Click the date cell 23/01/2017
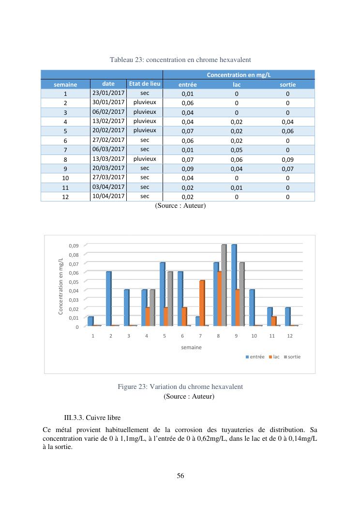point(108,93)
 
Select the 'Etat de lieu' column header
point(144,84)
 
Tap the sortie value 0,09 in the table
point(287,159)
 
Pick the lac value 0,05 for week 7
point(237,150)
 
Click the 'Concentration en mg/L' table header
point(239,75)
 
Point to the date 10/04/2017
point(108,197)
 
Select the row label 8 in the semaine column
point(65,159)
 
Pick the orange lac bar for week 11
point(274,321)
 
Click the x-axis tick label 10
point(254,335)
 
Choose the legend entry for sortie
point(292,356)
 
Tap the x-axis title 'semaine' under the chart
point(192,347)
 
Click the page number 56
point(180,476)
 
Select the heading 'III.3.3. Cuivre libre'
point(92,417)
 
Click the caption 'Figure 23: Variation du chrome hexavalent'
point(180,387)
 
